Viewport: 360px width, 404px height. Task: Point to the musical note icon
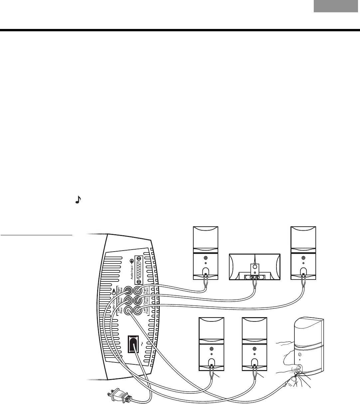(x=79, y=200)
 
